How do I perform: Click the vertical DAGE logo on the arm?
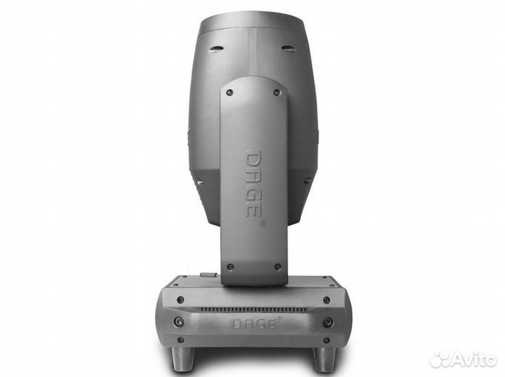[x=254, y=182]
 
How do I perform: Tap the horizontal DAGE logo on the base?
[x=253, y=323]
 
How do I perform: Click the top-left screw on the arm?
[x=229, y=92]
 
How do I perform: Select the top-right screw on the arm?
[x=277, y=92]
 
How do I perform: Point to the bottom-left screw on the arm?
[x=229, y=266]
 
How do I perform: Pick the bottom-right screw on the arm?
[x=278, y=266]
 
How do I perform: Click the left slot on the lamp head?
[x=217, y=48]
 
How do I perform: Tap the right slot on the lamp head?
[x=288, y=48]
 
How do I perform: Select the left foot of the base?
[x=183, y=359]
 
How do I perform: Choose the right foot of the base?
[x=323, y=359]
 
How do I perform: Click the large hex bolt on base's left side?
[x=179, y=322]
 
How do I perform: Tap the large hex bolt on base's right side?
[x=328, y=322]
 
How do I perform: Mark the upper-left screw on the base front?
[x=181, y=299]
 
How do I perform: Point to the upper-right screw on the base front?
[x=326, y=299]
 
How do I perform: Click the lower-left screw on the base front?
[x=180, y=341]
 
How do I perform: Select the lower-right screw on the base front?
[x=326, y=341]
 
